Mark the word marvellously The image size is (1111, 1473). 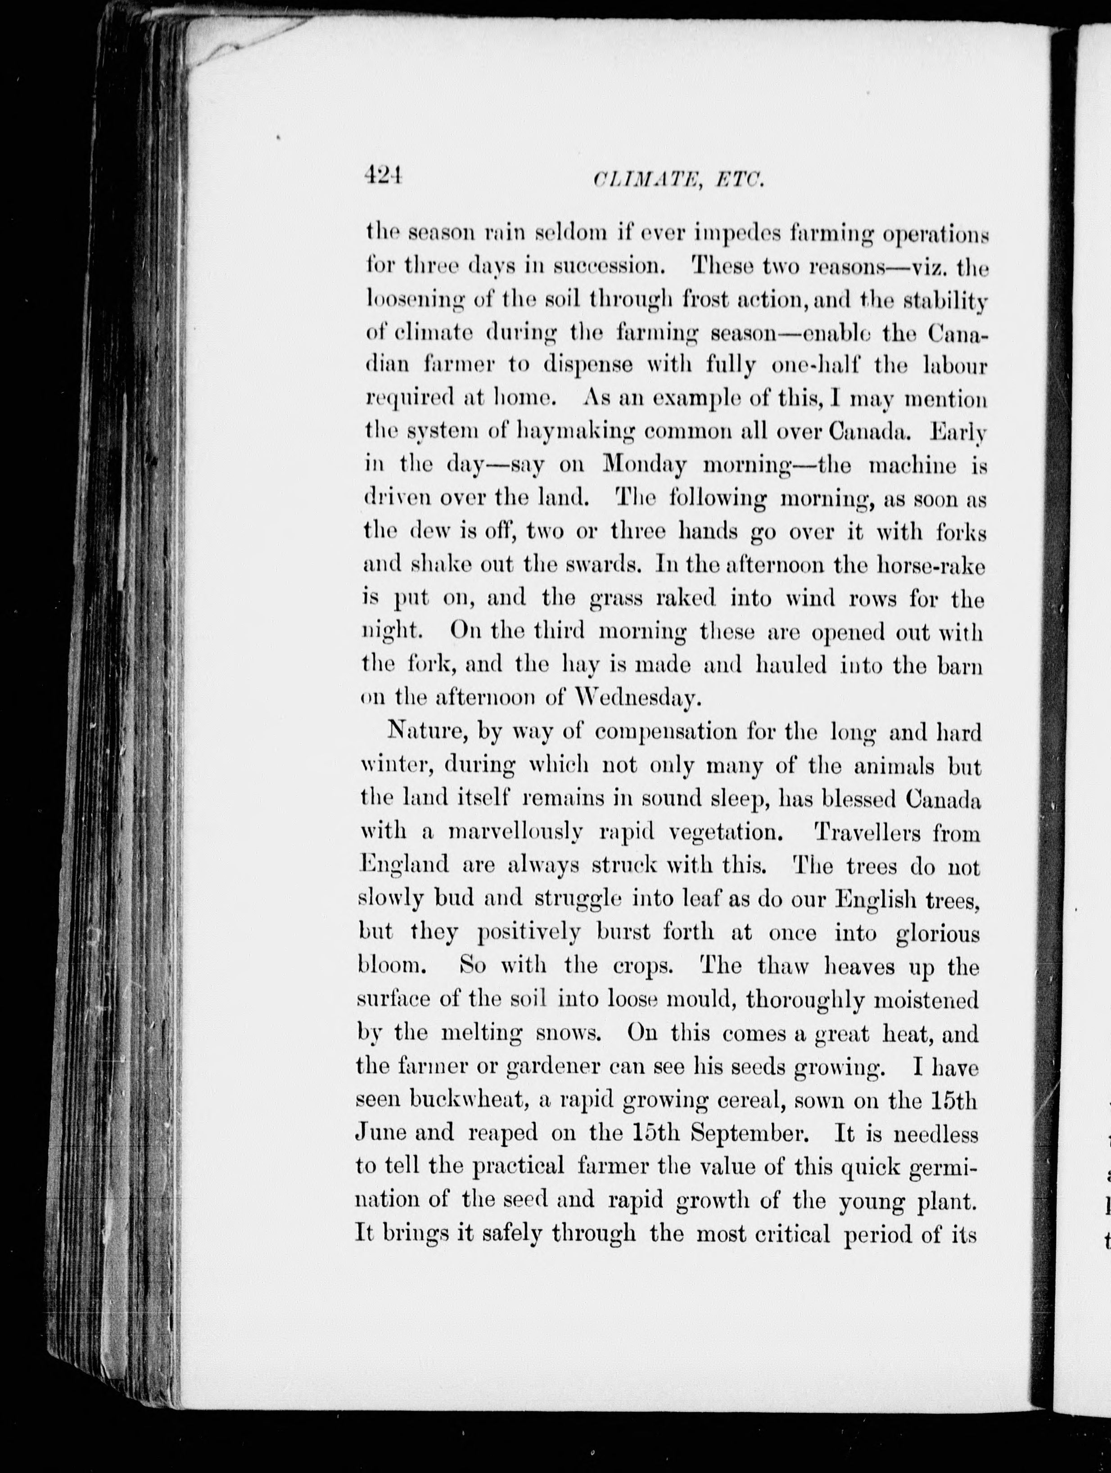point(516,833)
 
